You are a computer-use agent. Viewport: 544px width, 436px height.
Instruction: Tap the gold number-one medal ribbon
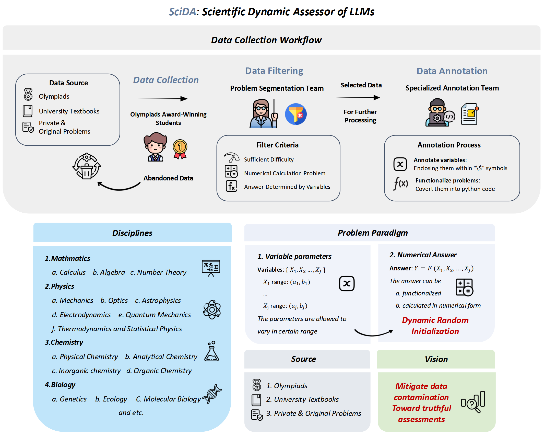pos(180,149)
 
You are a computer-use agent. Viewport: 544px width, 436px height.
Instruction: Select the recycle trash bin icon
pos(87,167)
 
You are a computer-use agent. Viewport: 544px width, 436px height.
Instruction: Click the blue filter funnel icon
pos(296,114)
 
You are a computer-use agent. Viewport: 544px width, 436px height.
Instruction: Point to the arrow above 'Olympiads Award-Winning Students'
pos(163,99)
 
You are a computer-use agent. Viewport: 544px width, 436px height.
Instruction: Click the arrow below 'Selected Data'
pos(358,97)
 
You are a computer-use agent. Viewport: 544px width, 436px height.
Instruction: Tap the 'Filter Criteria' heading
pos(277,145)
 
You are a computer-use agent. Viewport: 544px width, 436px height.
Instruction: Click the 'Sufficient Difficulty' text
pos(269,159)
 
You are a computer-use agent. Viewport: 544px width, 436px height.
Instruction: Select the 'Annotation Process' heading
pos(449,145)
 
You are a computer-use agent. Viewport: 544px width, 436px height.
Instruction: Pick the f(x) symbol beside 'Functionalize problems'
pos(400,183)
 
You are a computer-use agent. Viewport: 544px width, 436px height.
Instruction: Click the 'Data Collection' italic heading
pos(166,80)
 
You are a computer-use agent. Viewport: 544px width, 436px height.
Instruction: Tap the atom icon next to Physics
pos(212,310)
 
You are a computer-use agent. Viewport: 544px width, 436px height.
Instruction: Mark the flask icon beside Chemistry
pos(211,351)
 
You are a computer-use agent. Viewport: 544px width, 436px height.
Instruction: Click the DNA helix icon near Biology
pos(212,394)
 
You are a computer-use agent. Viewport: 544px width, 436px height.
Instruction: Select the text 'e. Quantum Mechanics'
pos(155,315)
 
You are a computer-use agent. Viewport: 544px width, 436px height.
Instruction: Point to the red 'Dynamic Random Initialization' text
pos(435,326)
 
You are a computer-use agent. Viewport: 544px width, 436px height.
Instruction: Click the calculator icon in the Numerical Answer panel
pos(464,287)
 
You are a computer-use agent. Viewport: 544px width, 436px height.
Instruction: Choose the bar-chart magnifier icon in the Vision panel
pos(473,402)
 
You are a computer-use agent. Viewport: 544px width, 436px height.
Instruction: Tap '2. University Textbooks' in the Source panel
pos(302,399)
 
